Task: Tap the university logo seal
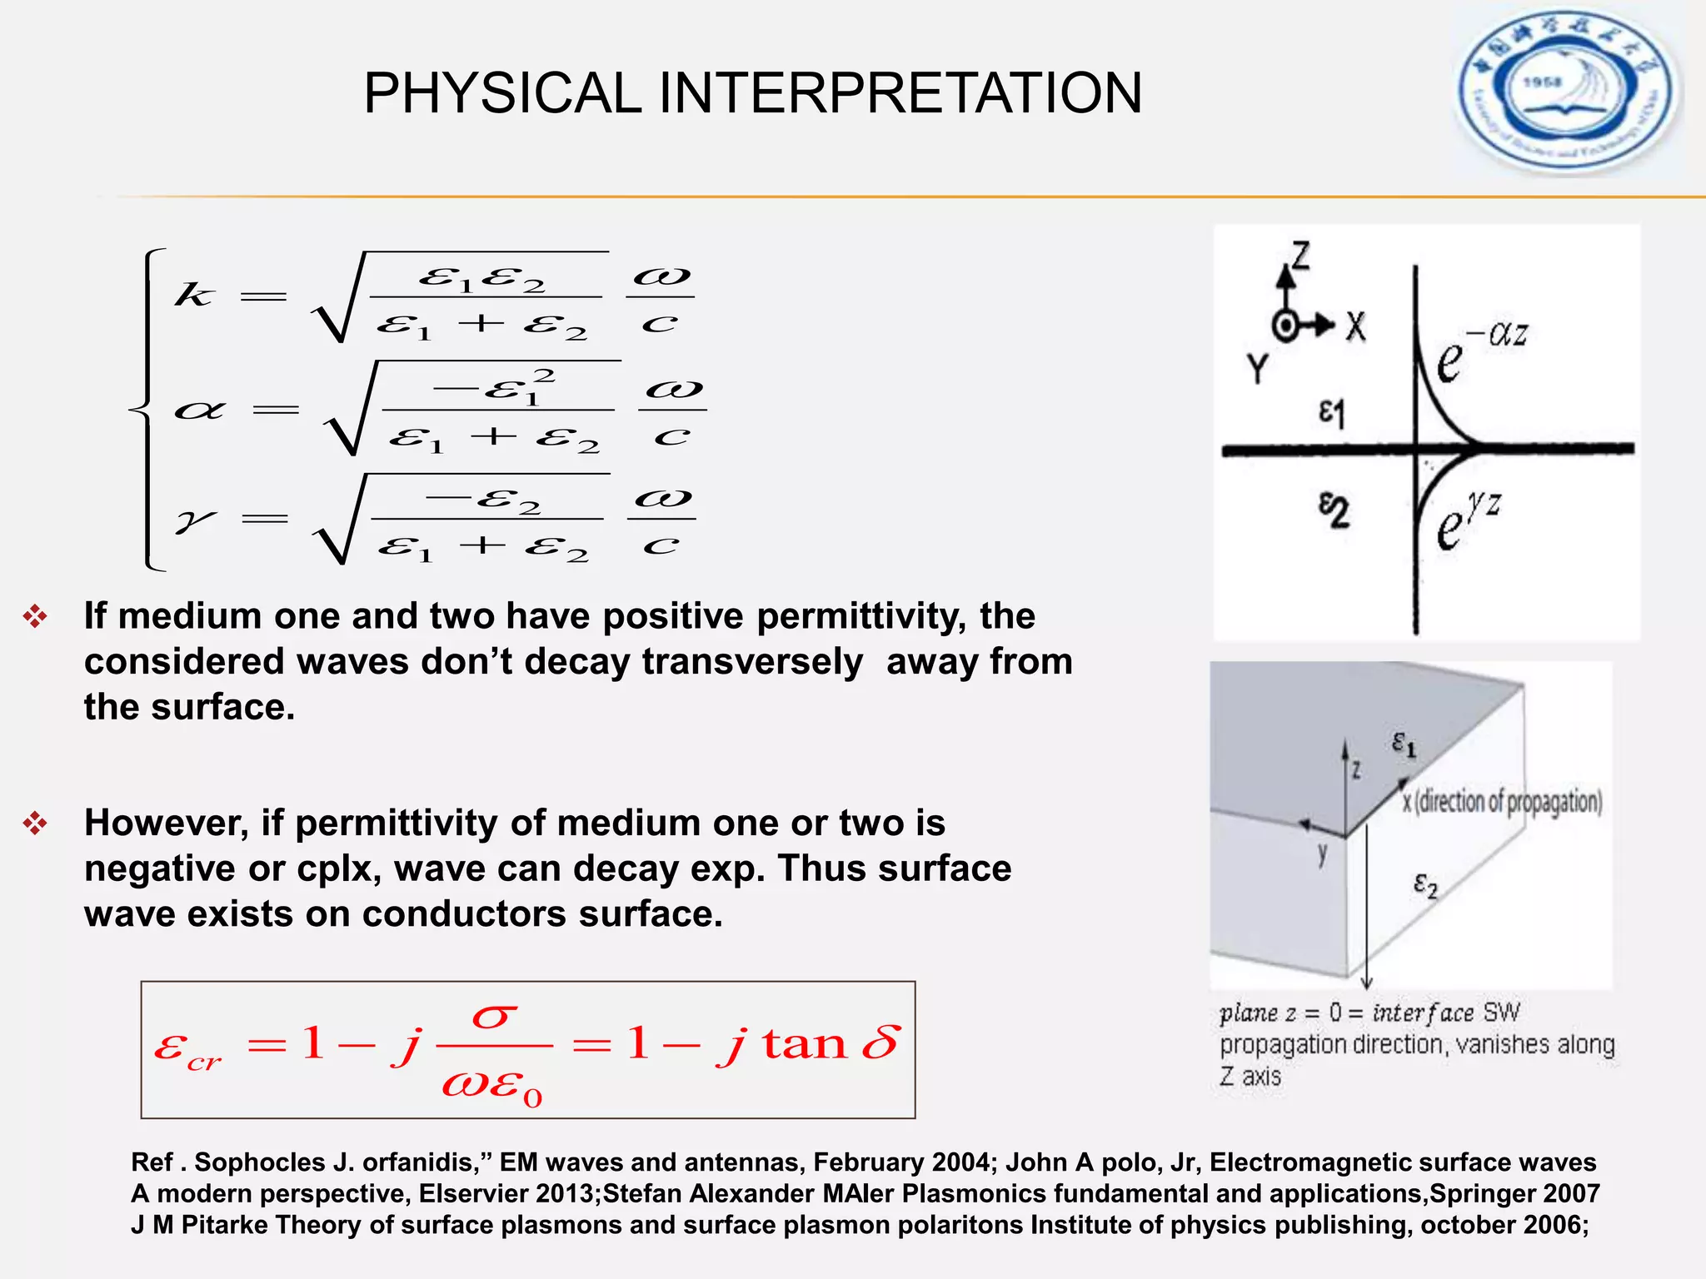coord(1568,92)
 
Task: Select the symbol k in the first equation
coord(194,295)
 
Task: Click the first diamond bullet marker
coord(35,617)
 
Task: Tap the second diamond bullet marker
coord(35,824)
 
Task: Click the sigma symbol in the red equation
coord(494,1017)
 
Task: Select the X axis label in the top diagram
coord(1356,326)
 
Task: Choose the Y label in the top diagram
coord(1258,367)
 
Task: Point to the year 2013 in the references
coord(566,1193)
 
